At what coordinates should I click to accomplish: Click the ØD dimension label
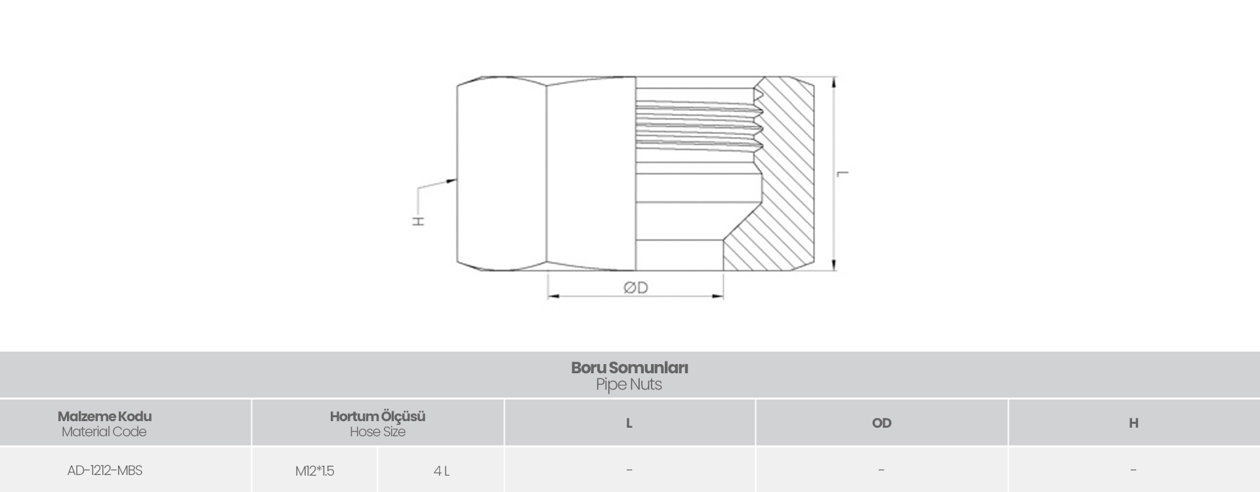pos(635,287)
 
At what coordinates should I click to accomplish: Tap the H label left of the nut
pos(418,221)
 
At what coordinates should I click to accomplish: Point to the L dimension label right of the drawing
pos(843,173)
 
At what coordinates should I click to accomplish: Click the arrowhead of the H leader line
pos(451,180)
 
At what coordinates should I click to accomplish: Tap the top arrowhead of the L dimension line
pos(834,82)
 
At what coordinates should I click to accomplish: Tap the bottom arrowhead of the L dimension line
pos(834,265)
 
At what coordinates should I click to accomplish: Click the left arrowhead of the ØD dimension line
pos(554,297)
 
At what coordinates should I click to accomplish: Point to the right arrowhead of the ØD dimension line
pos(717,297)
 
